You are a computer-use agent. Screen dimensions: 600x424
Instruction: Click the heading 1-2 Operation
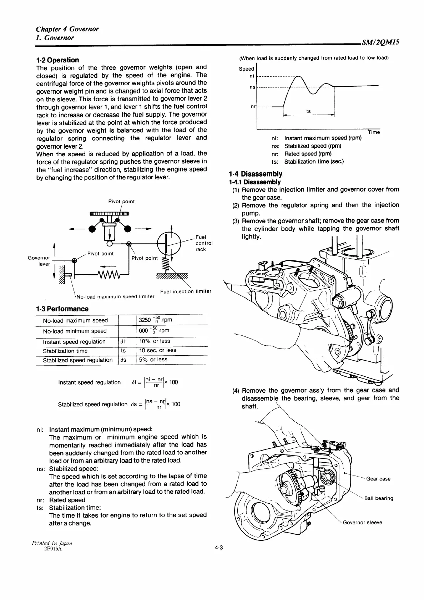click(x=57, y=60)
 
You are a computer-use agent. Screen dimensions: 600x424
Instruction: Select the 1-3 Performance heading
click(x=62, y=309)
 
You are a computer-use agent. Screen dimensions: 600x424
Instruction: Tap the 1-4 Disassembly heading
click(x=255, y=174)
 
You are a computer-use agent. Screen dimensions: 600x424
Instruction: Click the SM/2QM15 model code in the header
click(x=380, y=42)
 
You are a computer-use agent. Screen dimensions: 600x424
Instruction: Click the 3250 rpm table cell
click(x=156, y=320)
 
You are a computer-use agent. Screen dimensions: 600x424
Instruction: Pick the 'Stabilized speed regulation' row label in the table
click(x=77, y=360)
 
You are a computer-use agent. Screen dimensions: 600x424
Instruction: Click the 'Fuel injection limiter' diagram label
click(x=186, y=291)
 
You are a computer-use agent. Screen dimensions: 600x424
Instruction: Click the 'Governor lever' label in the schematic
click(x=39, y=260)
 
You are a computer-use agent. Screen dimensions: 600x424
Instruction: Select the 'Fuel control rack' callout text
click(x=204, y=243)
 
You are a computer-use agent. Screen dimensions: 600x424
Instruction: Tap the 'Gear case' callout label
click(x=378, y=479)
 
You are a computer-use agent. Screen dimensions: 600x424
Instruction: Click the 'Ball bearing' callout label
click(x=379, y=498)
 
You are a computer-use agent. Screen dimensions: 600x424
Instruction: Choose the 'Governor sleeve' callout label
click(x=362, y=523)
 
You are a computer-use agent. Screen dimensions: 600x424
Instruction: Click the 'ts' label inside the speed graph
click(x=308, y=111)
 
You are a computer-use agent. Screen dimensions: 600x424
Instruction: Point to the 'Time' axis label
click(x=374, y=132)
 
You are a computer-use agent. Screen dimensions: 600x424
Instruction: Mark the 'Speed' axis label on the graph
click(x=246, y=68)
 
